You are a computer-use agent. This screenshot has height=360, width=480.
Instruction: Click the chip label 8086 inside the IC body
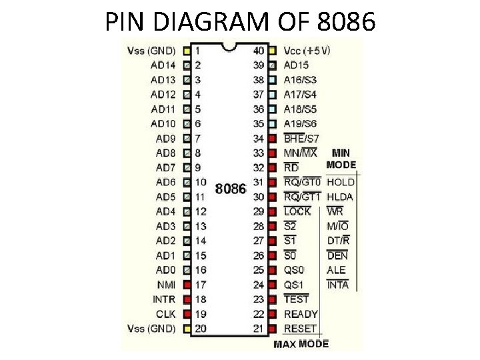tap(230, 189)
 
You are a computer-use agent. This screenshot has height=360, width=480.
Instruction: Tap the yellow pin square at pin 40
tap(272, 50)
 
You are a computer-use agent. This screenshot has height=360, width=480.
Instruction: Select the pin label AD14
tap(163, 65)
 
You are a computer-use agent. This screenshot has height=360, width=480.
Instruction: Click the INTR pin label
tap(164, 299)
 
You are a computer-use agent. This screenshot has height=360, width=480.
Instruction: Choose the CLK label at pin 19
tap(165, 314)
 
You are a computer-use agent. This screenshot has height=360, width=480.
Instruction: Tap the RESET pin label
tap(300, 329)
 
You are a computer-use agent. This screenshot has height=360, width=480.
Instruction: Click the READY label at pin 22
tap(301, 314)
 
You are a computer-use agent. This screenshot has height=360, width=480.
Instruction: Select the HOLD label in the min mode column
tap(341, 182)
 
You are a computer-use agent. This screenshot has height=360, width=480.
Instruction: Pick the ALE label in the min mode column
tap(337, 270)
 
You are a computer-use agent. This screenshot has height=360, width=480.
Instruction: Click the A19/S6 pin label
tap(300, 123)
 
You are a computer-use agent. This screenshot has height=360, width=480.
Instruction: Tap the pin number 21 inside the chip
tap(259, 329)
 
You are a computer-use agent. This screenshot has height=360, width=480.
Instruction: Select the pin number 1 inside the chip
tap(198, 50)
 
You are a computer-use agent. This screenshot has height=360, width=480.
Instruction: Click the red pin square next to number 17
tap(187, 285)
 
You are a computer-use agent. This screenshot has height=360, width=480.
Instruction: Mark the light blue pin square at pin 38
tap(272, 79)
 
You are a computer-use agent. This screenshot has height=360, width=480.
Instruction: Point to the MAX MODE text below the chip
tap(301, 344)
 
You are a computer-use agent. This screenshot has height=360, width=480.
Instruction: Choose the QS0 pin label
tap(294, 270)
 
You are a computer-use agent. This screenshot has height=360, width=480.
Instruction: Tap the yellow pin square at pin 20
tap(187, 329)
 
